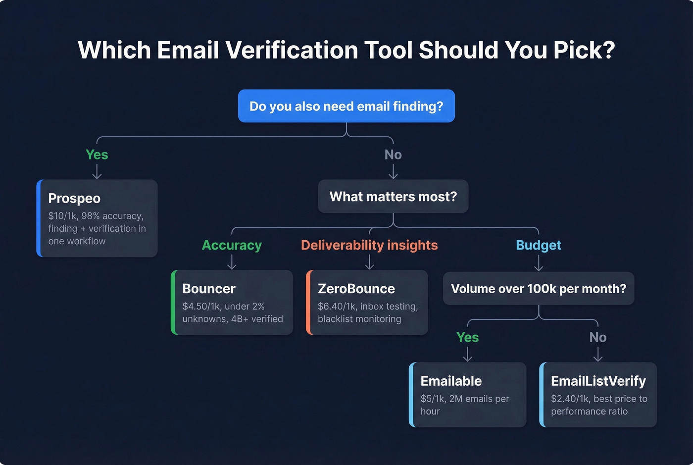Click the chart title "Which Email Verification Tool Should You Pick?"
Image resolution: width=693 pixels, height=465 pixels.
coord(346,50)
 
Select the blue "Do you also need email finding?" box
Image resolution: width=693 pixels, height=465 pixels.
coord(346,106)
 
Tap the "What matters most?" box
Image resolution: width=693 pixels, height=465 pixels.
coord(393,197)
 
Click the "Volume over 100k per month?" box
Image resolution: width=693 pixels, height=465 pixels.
coord(539,289)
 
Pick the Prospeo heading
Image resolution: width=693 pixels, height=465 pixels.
coord(74,198)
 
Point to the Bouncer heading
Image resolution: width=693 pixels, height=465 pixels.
coord(209,289)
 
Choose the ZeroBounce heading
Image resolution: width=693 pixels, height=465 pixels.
coord(356,289)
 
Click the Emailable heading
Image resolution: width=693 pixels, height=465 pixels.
coord(451,381)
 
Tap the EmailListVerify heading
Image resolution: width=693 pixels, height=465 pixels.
coord(598,381)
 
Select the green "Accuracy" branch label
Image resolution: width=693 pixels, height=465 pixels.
coord(232,245)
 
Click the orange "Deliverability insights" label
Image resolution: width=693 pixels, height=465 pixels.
coord(369,245)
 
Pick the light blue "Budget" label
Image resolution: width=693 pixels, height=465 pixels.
coord(539,245)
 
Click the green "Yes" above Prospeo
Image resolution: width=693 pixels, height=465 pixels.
coord(97,155)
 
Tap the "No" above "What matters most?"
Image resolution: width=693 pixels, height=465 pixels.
coord(393,155)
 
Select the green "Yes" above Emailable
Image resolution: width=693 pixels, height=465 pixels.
coord(467,337)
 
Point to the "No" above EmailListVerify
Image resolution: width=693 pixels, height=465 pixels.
coord(598,337)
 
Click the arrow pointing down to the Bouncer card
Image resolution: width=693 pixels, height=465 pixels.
coord(232,262)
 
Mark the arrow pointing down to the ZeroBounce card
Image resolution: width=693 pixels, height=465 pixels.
coord(369,262)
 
